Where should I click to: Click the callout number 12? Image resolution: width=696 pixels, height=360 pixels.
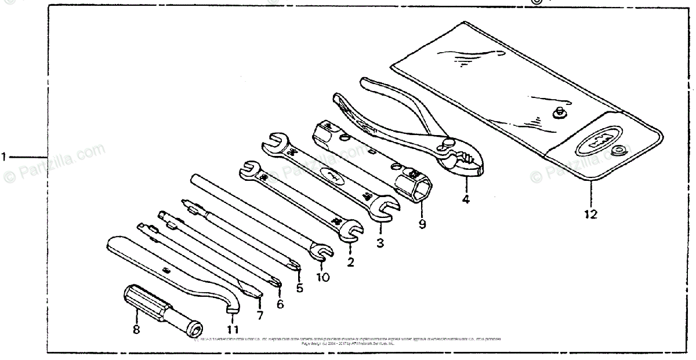[x=590, y=214]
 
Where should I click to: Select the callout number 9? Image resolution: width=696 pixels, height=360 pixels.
[x=422, y=224]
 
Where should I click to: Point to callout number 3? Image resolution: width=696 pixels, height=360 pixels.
[x=380, y=243]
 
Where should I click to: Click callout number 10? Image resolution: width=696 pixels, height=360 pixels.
[x=323, y=277]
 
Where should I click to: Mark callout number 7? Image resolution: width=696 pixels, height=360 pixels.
[x=260, y=316]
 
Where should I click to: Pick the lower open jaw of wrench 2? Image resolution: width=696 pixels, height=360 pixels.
[x=350, y=232]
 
